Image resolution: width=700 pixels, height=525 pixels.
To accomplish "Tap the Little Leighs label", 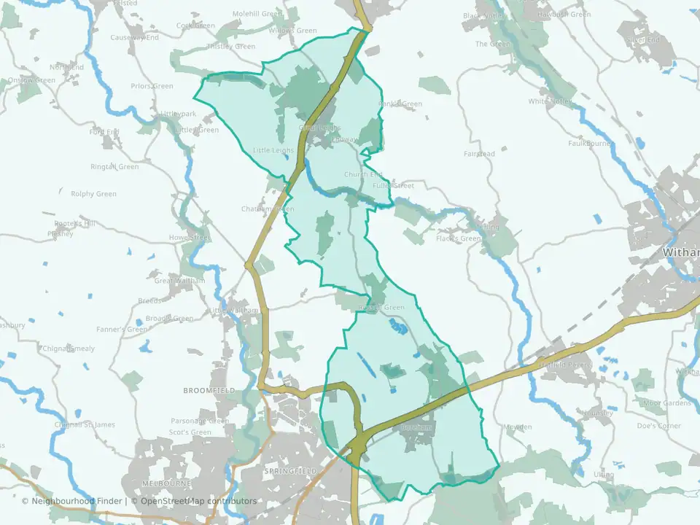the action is [x=273, y=150].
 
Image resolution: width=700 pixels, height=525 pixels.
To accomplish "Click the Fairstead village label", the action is [x=479, y=154].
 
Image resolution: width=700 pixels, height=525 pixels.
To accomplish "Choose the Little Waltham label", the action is [x=234, y=311].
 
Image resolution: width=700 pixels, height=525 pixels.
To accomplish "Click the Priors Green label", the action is [x=152, y=86].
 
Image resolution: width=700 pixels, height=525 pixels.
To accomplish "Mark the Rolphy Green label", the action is [x=93, y=194].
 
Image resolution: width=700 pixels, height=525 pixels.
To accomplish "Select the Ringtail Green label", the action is [x=114, y=167].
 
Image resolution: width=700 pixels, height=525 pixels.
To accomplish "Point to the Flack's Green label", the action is [x=459, y=238].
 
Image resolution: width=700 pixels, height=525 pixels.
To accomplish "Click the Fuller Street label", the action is [x=393, y=186].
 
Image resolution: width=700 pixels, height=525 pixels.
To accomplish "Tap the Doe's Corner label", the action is [x=658, y=426].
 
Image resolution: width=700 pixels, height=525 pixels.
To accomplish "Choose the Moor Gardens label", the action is [x=666, y=402].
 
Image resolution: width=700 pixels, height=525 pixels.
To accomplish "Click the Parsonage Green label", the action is [x=200, y=421].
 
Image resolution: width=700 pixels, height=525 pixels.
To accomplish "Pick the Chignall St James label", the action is [x=85, y=425].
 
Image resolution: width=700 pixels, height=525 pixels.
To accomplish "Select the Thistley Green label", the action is [x=231, y=47].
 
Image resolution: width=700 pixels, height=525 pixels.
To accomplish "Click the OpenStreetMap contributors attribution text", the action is [x=199, y=501].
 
